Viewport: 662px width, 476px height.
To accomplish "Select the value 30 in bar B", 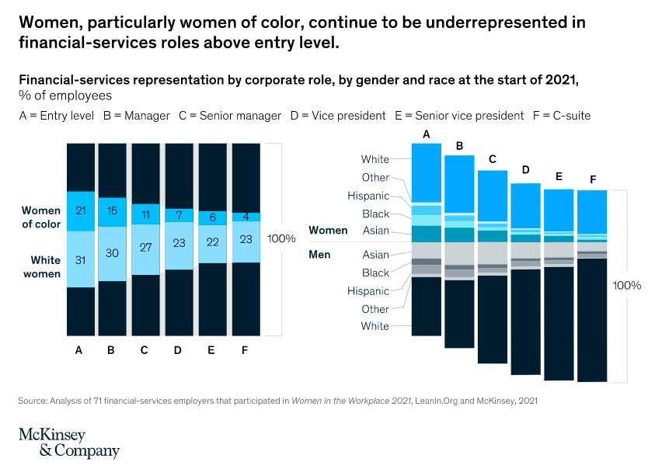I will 113,252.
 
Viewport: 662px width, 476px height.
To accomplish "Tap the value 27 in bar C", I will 145,248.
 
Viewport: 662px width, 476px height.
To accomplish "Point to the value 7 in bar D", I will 179,214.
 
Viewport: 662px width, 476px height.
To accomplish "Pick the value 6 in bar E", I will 213,218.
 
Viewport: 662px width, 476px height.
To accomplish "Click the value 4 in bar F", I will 246,217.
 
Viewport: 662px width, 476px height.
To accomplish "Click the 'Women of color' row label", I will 40,217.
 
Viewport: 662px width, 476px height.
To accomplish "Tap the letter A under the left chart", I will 78,350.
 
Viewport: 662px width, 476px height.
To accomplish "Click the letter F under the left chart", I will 245,350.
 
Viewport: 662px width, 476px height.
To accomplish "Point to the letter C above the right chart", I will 492,159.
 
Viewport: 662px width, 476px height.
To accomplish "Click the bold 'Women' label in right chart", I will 328,231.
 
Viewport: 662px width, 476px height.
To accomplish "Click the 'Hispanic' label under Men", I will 368,291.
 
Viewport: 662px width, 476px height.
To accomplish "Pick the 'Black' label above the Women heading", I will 375,214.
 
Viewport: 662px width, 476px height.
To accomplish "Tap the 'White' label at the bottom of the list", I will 375,327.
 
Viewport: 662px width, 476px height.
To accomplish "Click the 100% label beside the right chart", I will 627,285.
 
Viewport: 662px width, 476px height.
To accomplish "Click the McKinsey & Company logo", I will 68,443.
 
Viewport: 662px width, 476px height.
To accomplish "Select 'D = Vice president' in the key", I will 338,116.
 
